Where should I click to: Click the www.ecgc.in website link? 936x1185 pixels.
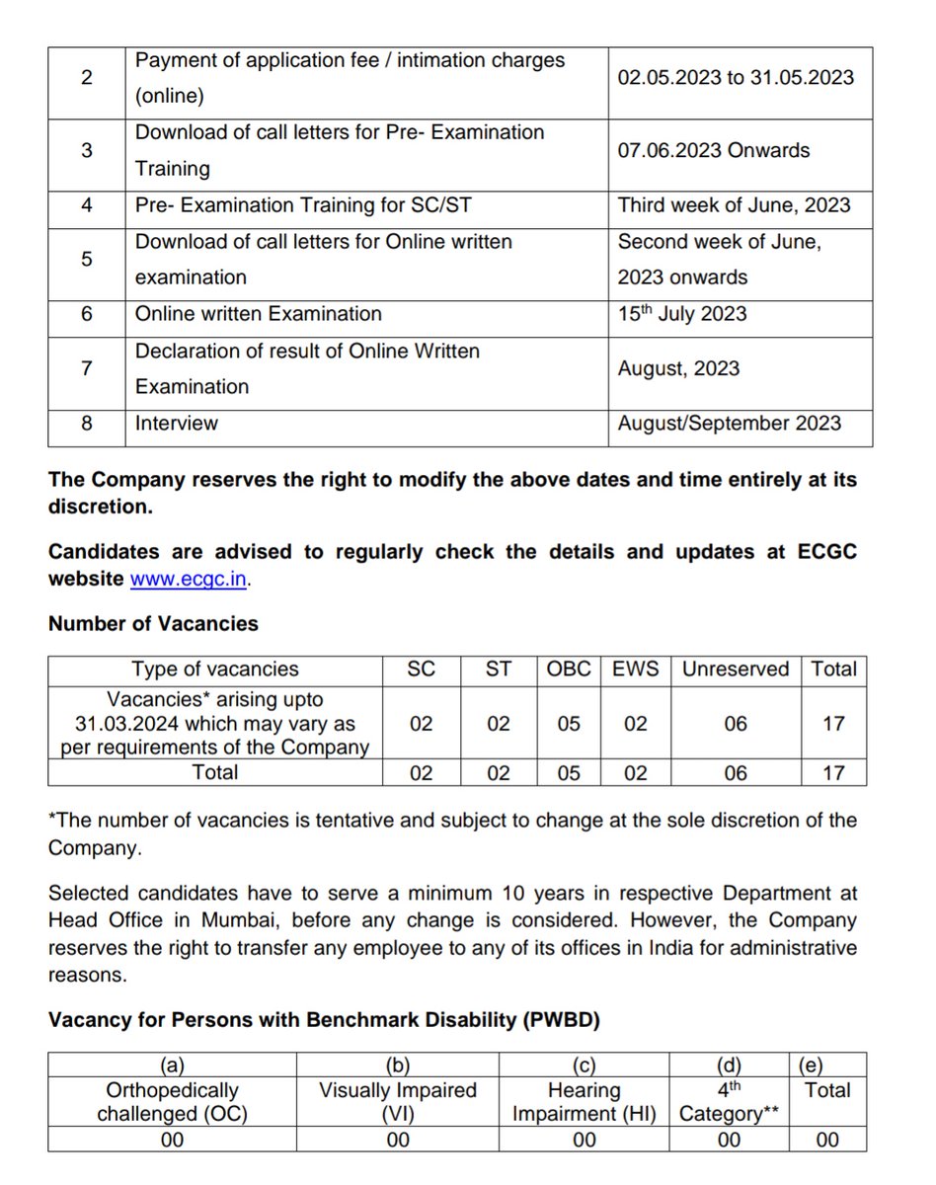(x=189, y=580)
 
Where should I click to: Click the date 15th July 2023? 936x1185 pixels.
(x=681, y=314)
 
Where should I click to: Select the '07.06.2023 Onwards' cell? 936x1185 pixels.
(x=713, y=151)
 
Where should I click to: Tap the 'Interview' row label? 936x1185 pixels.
(x=177, y=424)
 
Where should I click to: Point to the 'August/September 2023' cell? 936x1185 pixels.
(x=729, y=424)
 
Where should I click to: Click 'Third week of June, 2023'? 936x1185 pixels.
(x=734, y=205)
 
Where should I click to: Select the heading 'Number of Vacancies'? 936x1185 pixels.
(x=153, y=624)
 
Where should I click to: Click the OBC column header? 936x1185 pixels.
(x=569, y=670)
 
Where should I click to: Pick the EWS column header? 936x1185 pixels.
(x=635, y=670)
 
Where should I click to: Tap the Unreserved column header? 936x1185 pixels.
(x=736, y=670)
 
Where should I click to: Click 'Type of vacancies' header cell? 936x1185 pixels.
(x=215, y=670)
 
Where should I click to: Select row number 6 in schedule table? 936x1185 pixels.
(x=87, y=314)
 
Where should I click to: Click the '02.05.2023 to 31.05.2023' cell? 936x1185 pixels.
(x=736, y=78)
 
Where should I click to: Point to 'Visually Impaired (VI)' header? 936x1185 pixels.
(x=397, y=1102)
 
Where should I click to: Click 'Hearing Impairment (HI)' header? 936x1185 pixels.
(x=584, y=1102)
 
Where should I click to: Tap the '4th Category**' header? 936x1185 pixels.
(x=728, y=1102)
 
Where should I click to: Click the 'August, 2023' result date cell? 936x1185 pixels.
(x=678, y=368)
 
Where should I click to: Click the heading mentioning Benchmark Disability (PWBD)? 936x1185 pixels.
(x=324, y=1020)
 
